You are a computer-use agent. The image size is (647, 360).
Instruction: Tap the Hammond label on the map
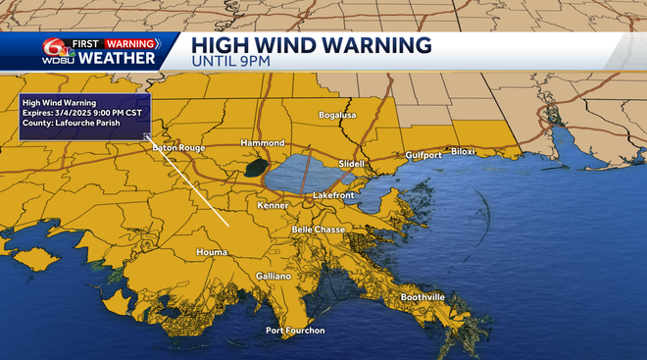pyautogui.click(x=263, y=142)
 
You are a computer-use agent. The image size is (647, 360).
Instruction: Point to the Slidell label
pyautogui.click(x=350, y=163)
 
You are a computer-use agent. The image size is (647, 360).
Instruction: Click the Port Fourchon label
pyautogui.click(x=295, y=331)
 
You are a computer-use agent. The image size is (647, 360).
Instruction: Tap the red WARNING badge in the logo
pyautogui.click(x=132, y=43)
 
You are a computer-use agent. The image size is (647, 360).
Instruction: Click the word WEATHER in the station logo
pyautogui.click(x=117, y=58)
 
